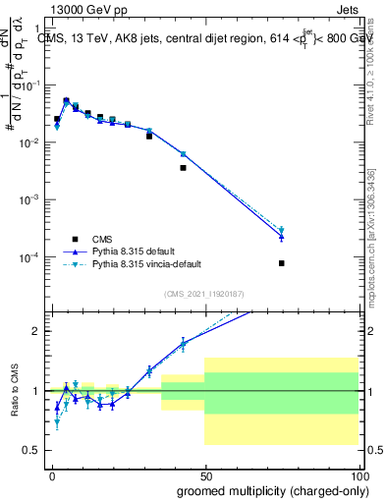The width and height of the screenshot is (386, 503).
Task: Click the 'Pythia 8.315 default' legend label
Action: tap(133, 251)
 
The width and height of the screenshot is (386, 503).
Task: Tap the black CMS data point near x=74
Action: tap(281, 263)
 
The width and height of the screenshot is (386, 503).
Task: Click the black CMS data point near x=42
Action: tap(183, 168)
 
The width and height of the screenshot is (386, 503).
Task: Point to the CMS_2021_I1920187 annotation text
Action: tap(203, 294)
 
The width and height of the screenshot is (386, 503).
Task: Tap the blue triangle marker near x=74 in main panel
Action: tap(281, 237)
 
